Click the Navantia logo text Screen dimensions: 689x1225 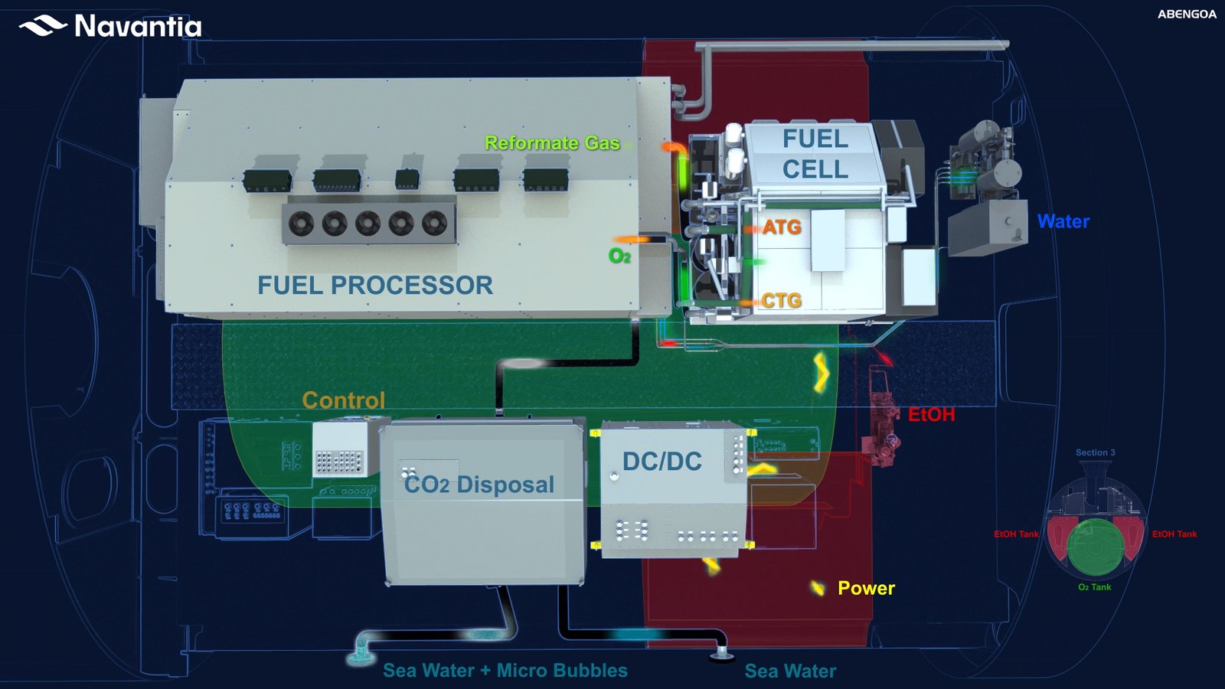(x=138, y=27)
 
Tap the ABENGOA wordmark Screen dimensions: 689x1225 (x=1187, y=15)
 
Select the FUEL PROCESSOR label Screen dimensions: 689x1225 (x=375, y=286)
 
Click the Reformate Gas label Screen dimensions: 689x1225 (x=552, y=143)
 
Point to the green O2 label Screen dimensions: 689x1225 (x=619, y=256)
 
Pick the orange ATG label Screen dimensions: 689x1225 (x=782, y=227)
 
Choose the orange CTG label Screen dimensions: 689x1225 (x=782, y=301)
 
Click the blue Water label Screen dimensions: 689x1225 (x=1063, y=222)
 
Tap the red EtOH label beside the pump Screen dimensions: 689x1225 (x=931, y=415)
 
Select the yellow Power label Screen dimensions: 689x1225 (x=866, y=588)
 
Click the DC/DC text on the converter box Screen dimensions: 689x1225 (x=662, y=462)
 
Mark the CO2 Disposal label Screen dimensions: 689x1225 (x=479, y=485)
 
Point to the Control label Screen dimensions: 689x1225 (x=344, y=400)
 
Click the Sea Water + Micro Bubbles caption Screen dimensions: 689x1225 (x=505, y=671)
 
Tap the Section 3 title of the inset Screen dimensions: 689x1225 (x=1095, y=452)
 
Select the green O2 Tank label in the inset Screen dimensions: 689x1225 (x=1095, y=587)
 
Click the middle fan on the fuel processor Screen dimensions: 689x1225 (x=368, y=224)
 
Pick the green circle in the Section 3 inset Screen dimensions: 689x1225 (x=1096, y=547)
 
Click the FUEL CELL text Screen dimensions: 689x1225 (x=815, y=154)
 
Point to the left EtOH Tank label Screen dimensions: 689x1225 (x=1016, y=534)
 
